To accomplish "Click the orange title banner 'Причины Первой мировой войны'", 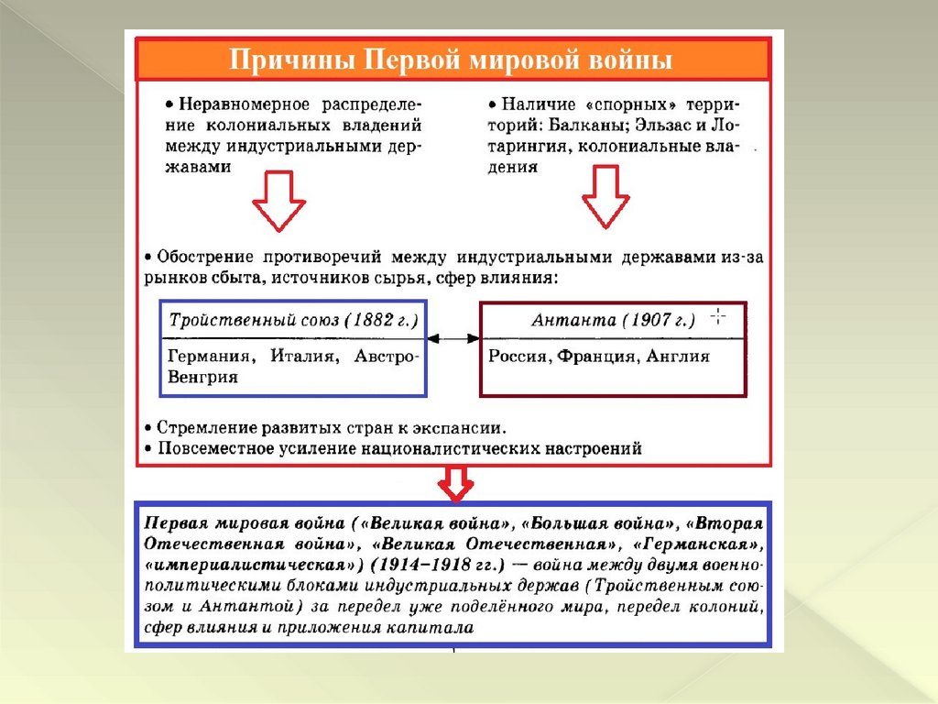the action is pos(452,61).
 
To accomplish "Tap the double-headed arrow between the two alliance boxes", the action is pos(453,338).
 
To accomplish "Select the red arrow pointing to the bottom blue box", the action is pos(455,483).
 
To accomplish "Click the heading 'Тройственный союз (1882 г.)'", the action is pos(292,320).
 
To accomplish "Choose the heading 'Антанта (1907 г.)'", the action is pos(613,320).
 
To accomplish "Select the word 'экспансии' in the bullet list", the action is pos(465,428).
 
